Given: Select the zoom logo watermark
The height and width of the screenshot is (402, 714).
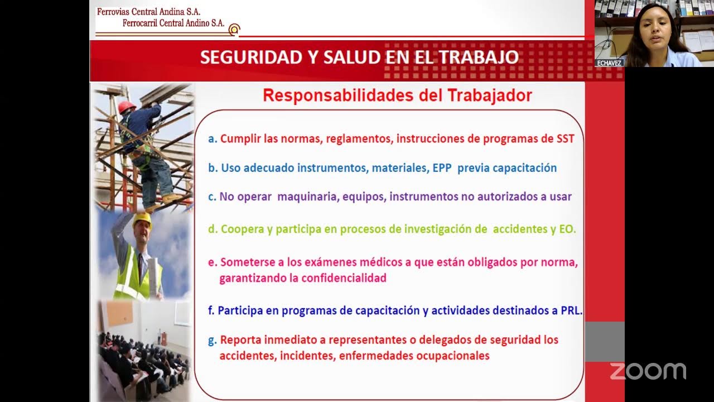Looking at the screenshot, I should coord(648,371).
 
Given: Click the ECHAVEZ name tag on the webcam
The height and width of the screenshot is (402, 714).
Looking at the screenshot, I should coord(609,63).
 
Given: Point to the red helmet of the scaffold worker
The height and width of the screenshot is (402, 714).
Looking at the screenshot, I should coord(127,106).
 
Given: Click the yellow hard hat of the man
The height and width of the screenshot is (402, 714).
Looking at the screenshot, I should coord(142,219).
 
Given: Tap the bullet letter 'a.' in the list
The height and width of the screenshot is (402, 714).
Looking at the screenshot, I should coord(212,139).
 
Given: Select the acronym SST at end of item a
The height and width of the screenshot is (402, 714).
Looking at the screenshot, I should coord(565,139).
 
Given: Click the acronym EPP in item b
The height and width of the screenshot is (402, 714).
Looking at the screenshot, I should coord(442,168).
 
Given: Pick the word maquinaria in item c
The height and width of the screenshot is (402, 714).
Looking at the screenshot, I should coord(307,197).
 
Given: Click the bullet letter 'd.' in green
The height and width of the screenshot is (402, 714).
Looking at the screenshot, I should coord(212,229).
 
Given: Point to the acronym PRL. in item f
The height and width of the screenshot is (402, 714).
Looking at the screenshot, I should coord(571,311).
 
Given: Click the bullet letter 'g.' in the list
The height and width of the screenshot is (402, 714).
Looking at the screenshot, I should coord(212,340).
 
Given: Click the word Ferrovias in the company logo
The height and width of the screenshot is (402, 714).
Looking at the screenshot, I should coord(113,12).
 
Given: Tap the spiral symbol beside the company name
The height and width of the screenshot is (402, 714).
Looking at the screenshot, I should coord(235,29).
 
